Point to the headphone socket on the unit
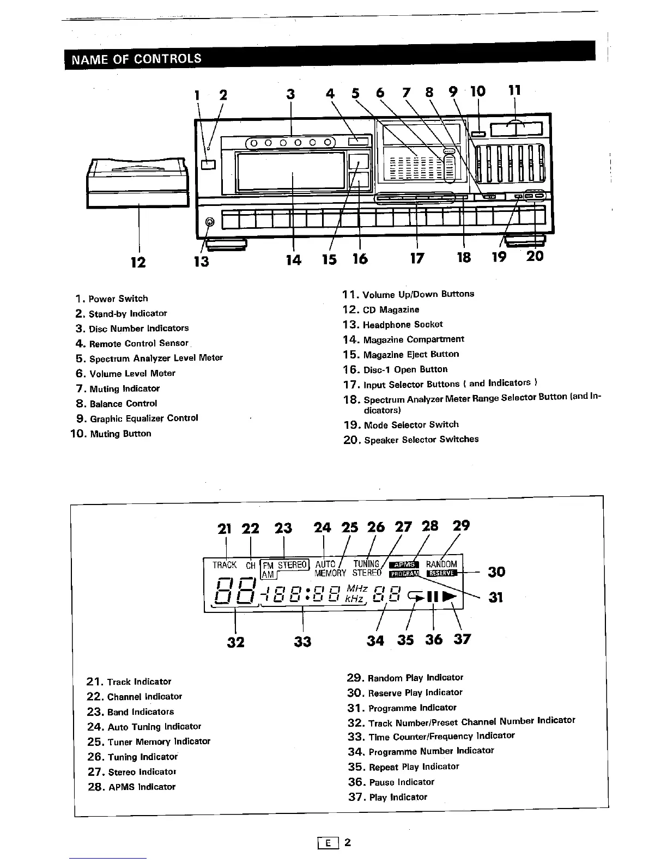tap(210, 222)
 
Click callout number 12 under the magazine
tap(138, 263)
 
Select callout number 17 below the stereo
tap(417, 258)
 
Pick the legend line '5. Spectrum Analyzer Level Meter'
tap(149, 358)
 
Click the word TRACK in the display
tap(225, 565)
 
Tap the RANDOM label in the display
tap(441, 564)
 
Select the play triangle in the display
tap(450, 597)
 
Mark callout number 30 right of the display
tap(496, 572)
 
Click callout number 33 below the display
tap(302, 642)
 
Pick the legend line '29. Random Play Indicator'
tap(405, 678)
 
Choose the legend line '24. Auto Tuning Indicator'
tap(144, 727)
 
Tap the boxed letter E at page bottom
tap(329, 843)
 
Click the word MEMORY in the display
tap(330, 573)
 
